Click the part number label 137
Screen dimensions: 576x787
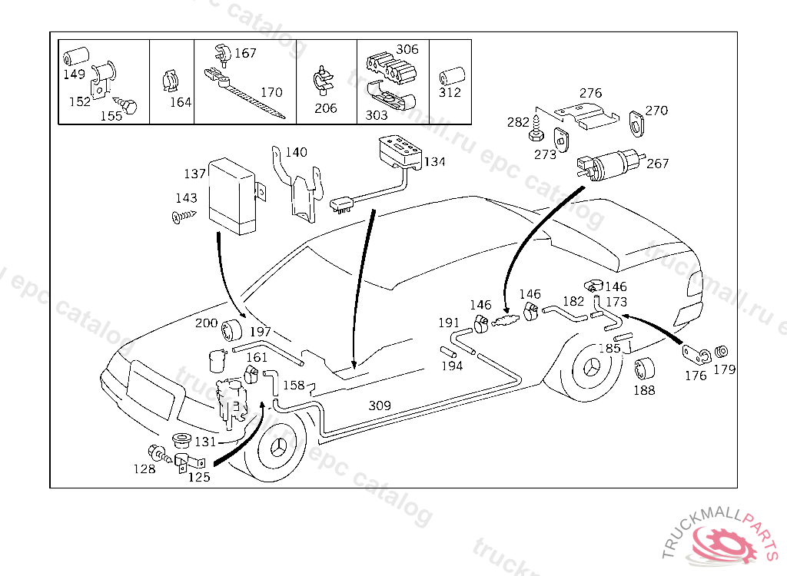(194, 174)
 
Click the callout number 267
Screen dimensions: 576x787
(658, 164)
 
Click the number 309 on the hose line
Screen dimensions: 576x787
(380, 406)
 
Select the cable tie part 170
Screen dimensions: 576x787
(246, 97)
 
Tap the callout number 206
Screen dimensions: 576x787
(326, 108)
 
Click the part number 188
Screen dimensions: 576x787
(644, 390)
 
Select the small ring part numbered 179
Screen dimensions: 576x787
(722, 353)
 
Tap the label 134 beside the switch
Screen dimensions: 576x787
(434, 162)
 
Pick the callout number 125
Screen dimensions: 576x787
(199, 477)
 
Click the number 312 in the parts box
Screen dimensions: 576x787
(450, 93)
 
